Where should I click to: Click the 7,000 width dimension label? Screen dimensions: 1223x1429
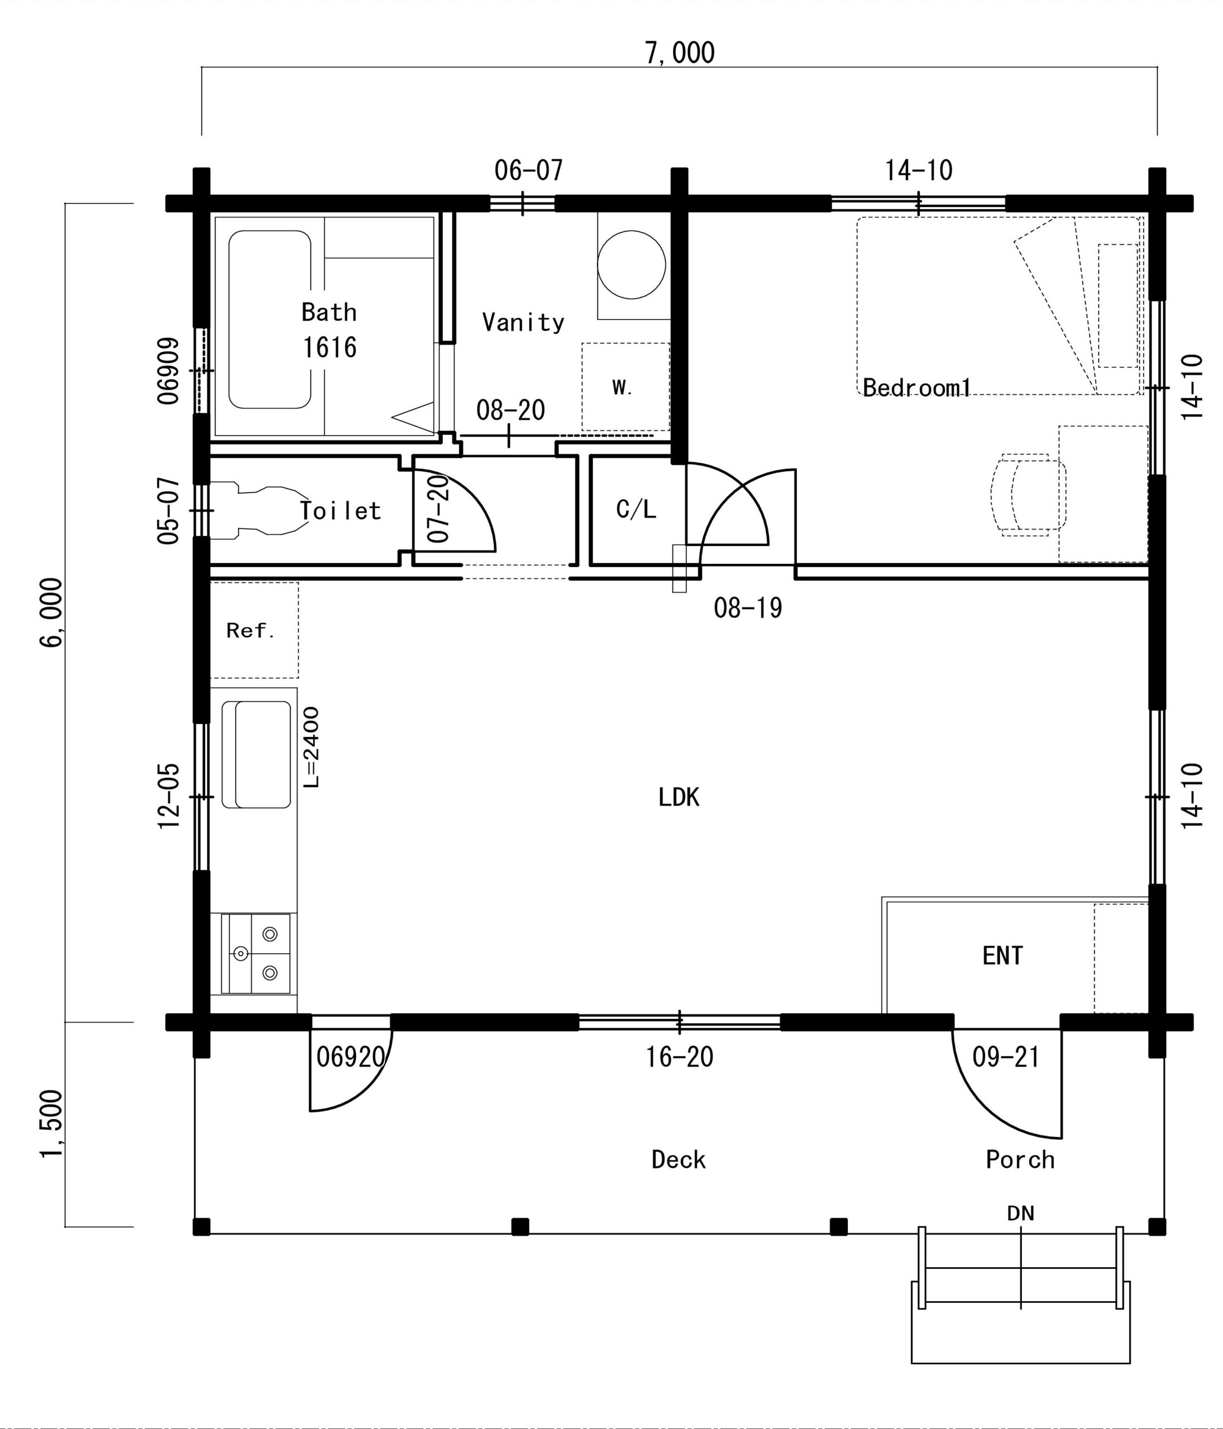coord(680,52)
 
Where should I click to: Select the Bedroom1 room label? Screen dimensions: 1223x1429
coord(916,387)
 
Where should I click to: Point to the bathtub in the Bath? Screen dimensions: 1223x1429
coord(270,319)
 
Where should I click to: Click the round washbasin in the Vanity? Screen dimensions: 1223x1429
coord(631,264)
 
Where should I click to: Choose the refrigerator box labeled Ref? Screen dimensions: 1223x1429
coord(254,630)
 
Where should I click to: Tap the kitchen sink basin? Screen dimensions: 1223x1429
coord(256,755)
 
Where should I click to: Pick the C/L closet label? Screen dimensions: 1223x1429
coord(636,510)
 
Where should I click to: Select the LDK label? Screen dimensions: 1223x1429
coord(679,797)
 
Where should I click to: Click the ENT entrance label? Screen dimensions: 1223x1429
coord(1002,955)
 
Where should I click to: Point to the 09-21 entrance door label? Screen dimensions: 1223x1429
coord(1006,1057)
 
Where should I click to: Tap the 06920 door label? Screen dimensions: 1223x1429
coord(350,1057)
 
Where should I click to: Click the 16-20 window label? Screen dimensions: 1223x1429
coord(680,1057)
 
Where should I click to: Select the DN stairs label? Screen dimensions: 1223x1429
coord(1020,1212)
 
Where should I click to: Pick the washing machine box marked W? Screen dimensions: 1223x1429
coord(625,387)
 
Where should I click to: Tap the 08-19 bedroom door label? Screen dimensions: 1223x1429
coord(748,607)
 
